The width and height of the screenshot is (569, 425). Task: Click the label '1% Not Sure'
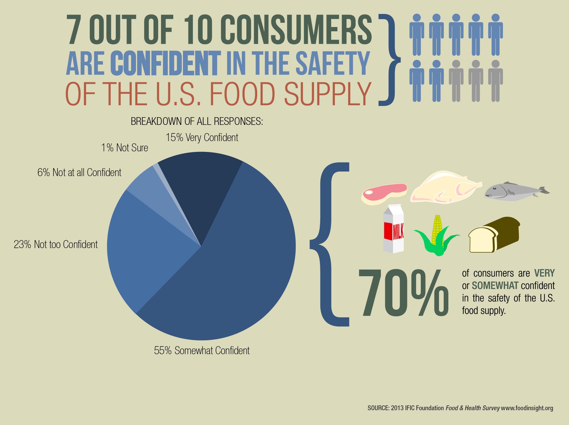(125, 148)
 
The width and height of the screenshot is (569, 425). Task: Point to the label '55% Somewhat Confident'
(202, 350)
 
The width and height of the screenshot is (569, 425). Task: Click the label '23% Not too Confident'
(56, 244)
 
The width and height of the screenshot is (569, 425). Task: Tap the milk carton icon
(393, 229)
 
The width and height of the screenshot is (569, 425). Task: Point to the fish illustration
(515, 191)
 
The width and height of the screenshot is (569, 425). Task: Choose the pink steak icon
(384, 194)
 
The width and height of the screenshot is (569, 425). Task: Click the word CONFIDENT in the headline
(166, 63)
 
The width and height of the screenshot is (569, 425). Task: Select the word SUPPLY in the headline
(327, 94)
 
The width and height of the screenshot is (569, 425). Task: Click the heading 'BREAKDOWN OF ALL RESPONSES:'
(197, 121)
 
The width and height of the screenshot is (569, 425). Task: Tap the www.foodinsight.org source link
(527, 408)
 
